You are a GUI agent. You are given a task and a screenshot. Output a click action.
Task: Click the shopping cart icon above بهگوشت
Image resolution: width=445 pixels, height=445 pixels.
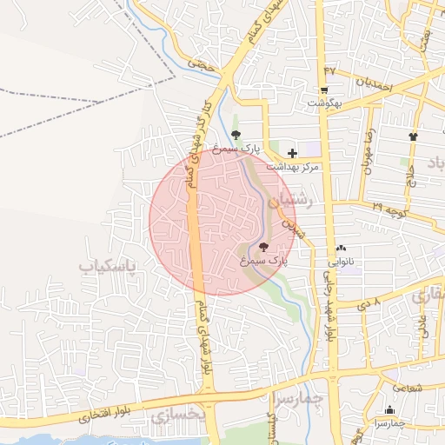coord(324,90)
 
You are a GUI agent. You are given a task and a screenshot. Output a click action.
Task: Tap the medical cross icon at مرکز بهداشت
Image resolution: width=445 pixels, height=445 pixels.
coord(292,153)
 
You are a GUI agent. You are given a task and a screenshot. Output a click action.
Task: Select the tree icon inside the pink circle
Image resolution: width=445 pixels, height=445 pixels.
coord(264,247)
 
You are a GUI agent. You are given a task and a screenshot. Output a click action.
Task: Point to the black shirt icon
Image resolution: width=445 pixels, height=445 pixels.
coord(413,136)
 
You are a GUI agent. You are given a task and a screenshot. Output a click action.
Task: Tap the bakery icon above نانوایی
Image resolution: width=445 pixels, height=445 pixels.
coord(341,248)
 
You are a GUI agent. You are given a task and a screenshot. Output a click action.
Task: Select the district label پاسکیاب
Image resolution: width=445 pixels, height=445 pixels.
coord(109,265)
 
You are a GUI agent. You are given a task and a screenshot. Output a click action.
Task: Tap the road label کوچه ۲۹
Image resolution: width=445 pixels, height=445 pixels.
coord(390,209)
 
